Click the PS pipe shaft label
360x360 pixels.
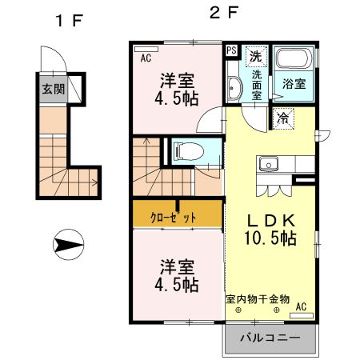click(231, 51)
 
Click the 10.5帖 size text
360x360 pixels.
click(271, 238)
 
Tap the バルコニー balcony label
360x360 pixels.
click(270, 338)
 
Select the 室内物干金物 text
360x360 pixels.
click(257, 298)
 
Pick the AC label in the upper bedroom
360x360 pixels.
click(146, 58)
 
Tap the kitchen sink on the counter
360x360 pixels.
click(265, 166)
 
